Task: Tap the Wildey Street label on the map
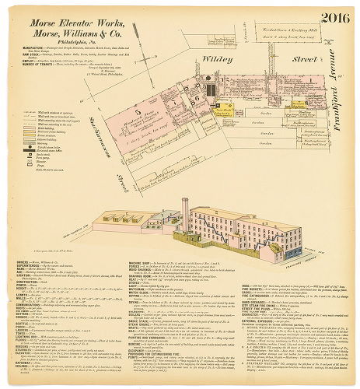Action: pos(234,57)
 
